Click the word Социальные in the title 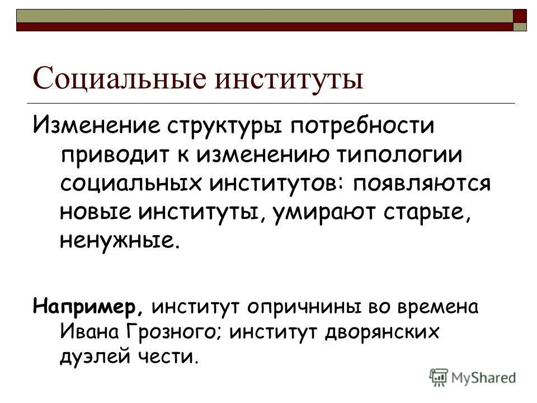[120, 78]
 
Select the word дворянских [380, 331]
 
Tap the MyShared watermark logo [473, 377]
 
